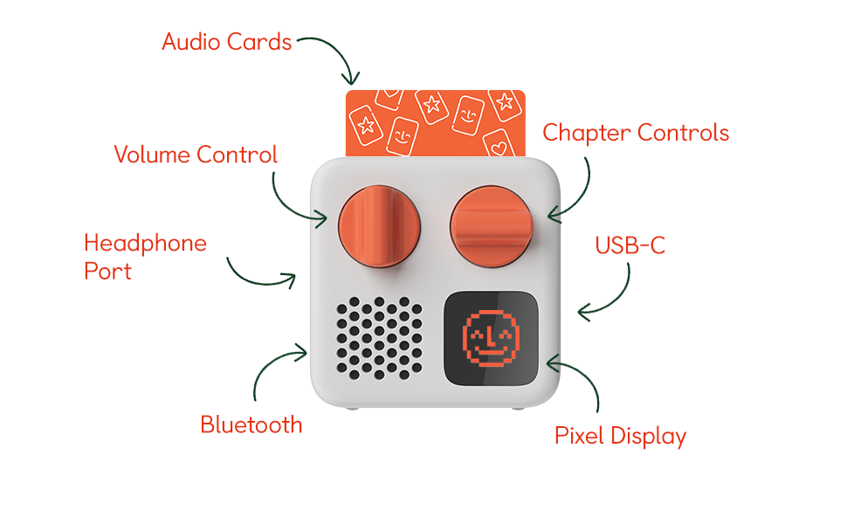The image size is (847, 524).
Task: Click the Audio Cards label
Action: (226, 41)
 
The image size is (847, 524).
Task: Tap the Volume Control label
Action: (196, 155)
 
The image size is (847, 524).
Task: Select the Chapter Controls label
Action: (635, 133)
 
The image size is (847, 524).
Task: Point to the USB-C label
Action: (630, 245)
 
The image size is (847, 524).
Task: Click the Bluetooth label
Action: (251, 424)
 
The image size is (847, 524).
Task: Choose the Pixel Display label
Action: (620, 435)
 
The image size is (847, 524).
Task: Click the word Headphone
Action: (145, 243)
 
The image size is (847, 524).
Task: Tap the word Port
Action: (107, 271)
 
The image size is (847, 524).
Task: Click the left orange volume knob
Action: (379, 223)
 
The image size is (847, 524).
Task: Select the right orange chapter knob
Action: (491, 223)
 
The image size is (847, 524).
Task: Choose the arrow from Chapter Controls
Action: (576, 188)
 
